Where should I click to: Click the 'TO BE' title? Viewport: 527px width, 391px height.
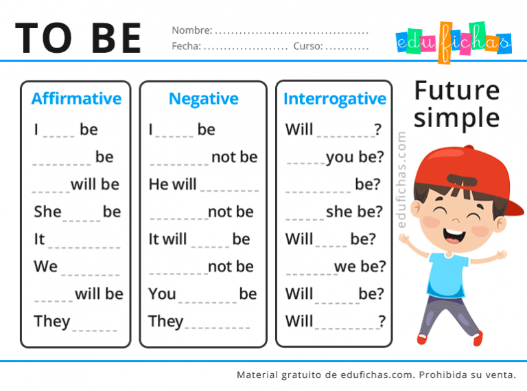coord(78,38)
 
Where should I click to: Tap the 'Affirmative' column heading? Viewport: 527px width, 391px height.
coord(76,99)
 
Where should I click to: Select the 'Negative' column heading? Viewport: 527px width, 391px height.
coord(203,99)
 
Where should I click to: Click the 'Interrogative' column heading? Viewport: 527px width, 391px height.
coord(335,99)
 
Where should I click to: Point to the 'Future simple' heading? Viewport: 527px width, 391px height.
coord(457,104)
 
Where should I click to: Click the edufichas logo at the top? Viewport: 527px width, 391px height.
coord(454,41)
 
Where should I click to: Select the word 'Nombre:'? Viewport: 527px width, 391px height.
coord(191,30)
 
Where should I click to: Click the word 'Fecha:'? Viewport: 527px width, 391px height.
coord(186,47)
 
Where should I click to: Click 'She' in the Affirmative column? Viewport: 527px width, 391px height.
coord(47,212)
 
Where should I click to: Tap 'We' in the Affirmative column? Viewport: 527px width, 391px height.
coord(45,266)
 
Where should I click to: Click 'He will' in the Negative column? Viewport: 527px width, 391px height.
coord(172,184)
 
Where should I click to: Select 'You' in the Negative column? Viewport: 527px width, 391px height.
coord(162,293)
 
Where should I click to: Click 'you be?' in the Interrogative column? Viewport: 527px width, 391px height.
coord(355,157)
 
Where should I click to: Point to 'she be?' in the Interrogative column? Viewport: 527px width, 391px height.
coord(354,212)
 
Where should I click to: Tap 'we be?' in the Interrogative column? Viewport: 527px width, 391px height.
coord(360,266)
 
